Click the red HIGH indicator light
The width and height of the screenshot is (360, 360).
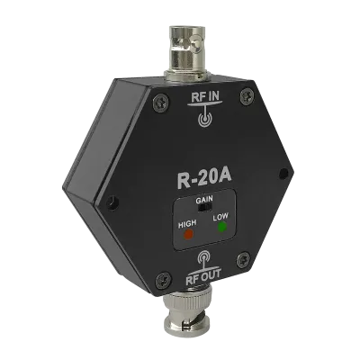click(x=188, y=233)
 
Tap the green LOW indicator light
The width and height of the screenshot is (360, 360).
click(x=222, y=227)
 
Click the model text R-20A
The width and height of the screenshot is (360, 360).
click(x=204, y=179)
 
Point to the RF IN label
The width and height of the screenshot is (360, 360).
click(x=205, y=99)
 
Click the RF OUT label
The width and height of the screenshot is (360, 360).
click(x=203, y=274)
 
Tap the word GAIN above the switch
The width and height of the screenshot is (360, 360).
click(x=204, y=199)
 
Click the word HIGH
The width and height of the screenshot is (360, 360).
click(x=187, y=224)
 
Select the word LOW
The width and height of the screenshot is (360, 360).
click(x=220, y=217)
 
